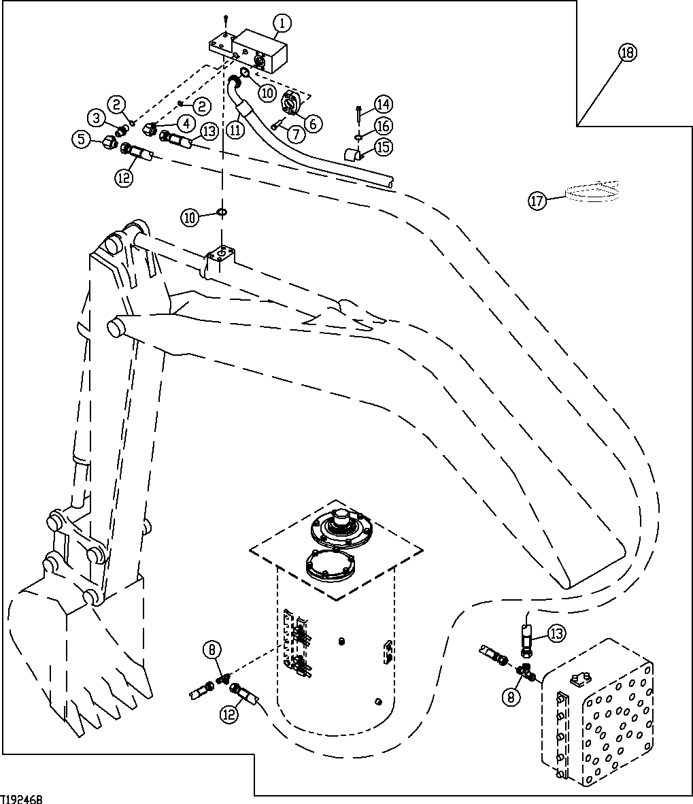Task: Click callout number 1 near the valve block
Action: point(283,24)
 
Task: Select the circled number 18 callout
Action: point(627,53)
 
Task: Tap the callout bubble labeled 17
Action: point(537,201)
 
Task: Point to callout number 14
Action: point(383,104)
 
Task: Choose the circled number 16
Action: point(383,126)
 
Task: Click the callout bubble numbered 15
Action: point(383,146)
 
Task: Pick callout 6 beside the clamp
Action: point(314,122)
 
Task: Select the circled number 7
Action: point(295,134)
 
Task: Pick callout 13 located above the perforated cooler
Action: point(556,634)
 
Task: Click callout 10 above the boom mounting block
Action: point(191,217)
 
